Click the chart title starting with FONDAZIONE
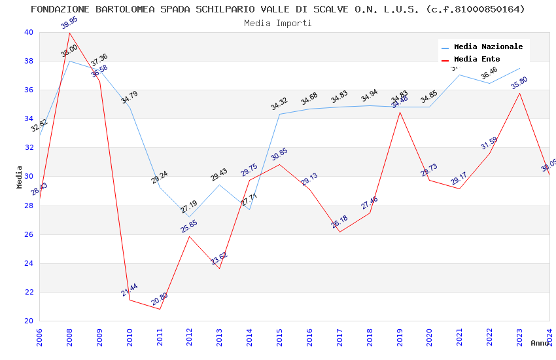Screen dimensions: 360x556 click(x=277, y=9)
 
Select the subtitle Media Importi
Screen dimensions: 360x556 click(x=277, y=23)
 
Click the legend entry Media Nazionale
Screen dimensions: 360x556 click(x=488, y=46)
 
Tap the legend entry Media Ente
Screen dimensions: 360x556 click(x=476, y=59)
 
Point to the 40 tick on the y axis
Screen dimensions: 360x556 click(x=28, y=32)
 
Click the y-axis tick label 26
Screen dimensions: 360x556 click(x=28, y=234)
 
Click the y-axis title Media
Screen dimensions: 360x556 click(x=20, y=177)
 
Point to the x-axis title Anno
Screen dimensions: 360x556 click(x=540, y=343)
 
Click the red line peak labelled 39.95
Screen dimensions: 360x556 click(x=70, y=33)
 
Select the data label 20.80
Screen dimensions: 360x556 click(x=159, y=299)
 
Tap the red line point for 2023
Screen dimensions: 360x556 click(x=519, y=93)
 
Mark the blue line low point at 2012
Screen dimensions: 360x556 click(x=189, y=217)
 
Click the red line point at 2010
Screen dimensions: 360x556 click(x=130, y=300)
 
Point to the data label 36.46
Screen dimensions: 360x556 click(x=489, y=73)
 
